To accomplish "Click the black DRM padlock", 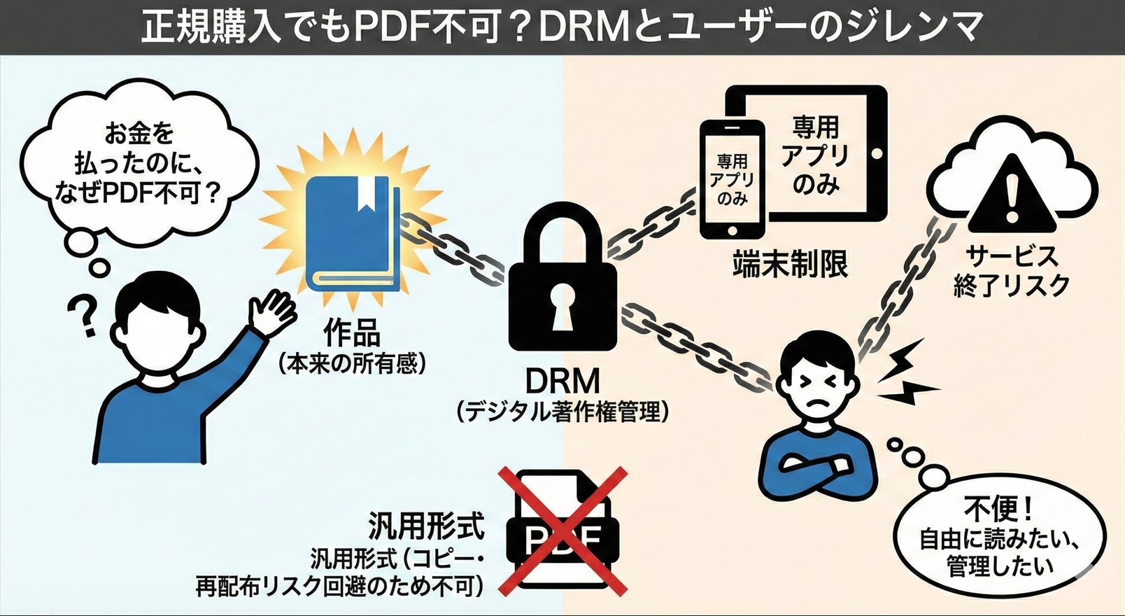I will point(562,294).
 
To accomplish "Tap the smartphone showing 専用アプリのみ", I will point(732,179).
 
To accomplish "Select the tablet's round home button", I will point(875,153).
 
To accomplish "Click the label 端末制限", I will point(790,265).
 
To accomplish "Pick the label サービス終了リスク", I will point(1011,271).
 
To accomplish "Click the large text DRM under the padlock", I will point(562,381).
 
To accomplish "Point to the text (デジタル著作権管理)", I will point(562,412).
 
